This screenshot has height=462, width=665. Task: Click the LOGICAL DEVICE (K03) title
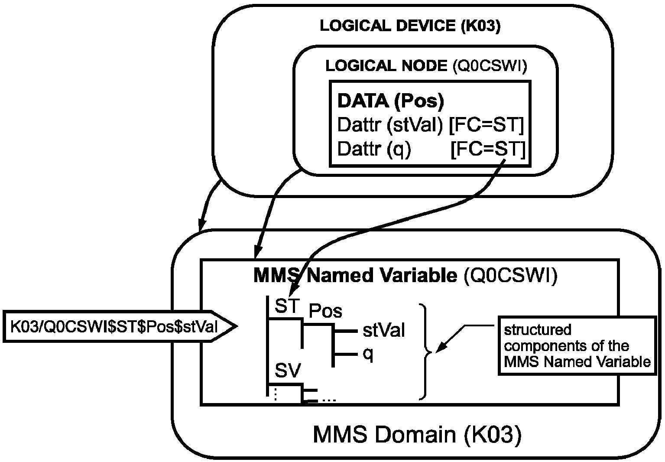click(x=410, y=26)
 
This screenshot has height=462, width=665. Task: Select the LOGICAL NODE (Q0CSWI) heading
click(x=426, y=66)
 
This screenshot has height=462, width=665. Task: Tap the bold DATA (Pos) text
click(x=391, y=101)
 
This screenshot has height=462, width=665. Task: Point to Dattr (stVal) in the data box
click(x=390, y=126)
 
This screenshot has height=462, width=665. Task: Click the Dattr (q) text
click(x=374, y=150)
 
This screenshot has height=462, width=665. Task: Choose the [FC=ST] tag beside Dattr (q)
click(x=488, y=150)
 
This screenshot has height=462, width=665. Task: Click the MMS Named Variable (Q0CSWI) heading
click(x=405, y=275)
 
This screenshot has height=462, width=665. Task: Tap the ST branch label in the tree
click(x=287, y=307)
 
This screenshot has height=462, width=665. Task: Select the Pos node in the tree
click(x=325, y=311)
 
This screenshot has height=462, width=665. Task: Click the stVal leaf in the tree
click(x=384, y=331)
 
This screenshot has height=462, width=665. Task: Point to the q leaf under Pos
click(x=368, y=355)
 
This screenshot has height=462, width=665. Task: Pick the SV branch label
click(x=288, y=371)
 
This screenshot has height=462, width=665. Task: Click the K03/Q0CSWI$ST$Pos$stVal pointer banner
click(x=115, y=326)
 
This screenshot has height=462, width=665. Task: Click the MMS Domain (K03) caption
click(x=416, y=435)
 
